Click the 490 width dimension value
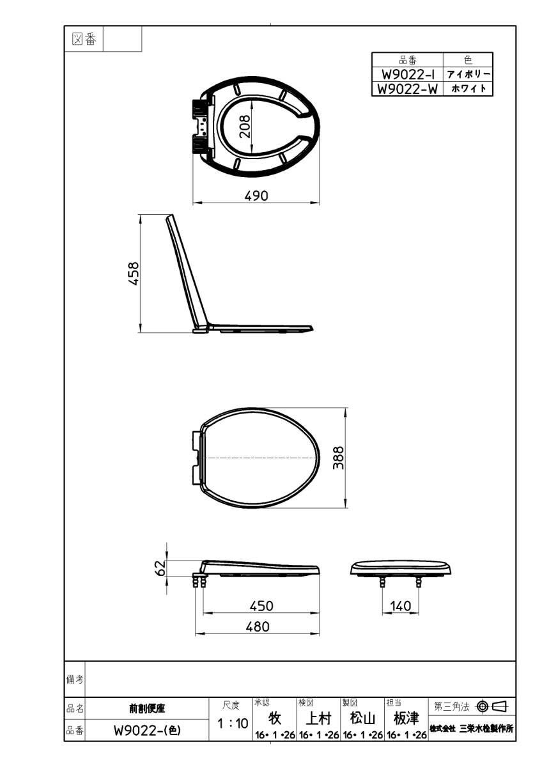point(256,196)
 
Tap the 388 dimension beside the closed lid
point(339,458)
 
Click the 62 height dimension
point(161,567)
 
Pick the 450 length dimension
point(261,605)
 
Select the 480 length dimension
point(258,627)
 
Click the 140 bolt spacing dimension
point(400,606)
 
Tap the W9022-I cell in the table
point(407,75)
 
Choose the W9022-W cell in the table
point(407,89)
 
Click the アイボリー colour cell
point(468,75)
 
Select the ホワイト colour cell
point(468,89)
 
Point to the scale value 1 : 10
point(233,724)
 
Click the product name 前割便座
point(147,709)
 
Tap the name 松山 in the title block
point(362,719)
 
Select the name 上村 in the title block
point(318,719)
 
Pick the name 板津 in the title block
point(406,719)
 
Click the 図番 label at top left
point(84,40)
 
